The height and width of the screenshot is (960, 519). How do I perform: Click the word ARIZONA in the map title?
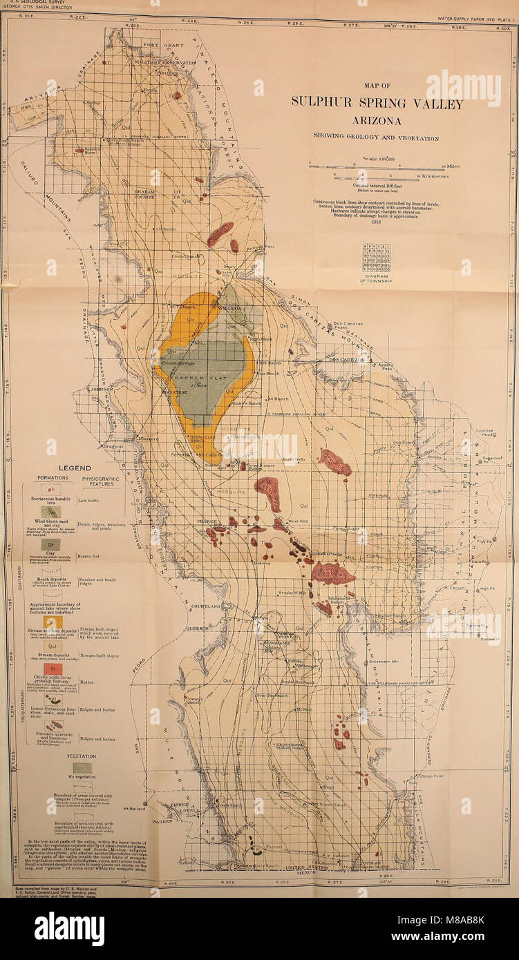(x=377, y=121)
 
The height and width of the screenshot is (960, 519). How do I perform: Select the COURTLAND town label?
(x=206, y=606)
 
